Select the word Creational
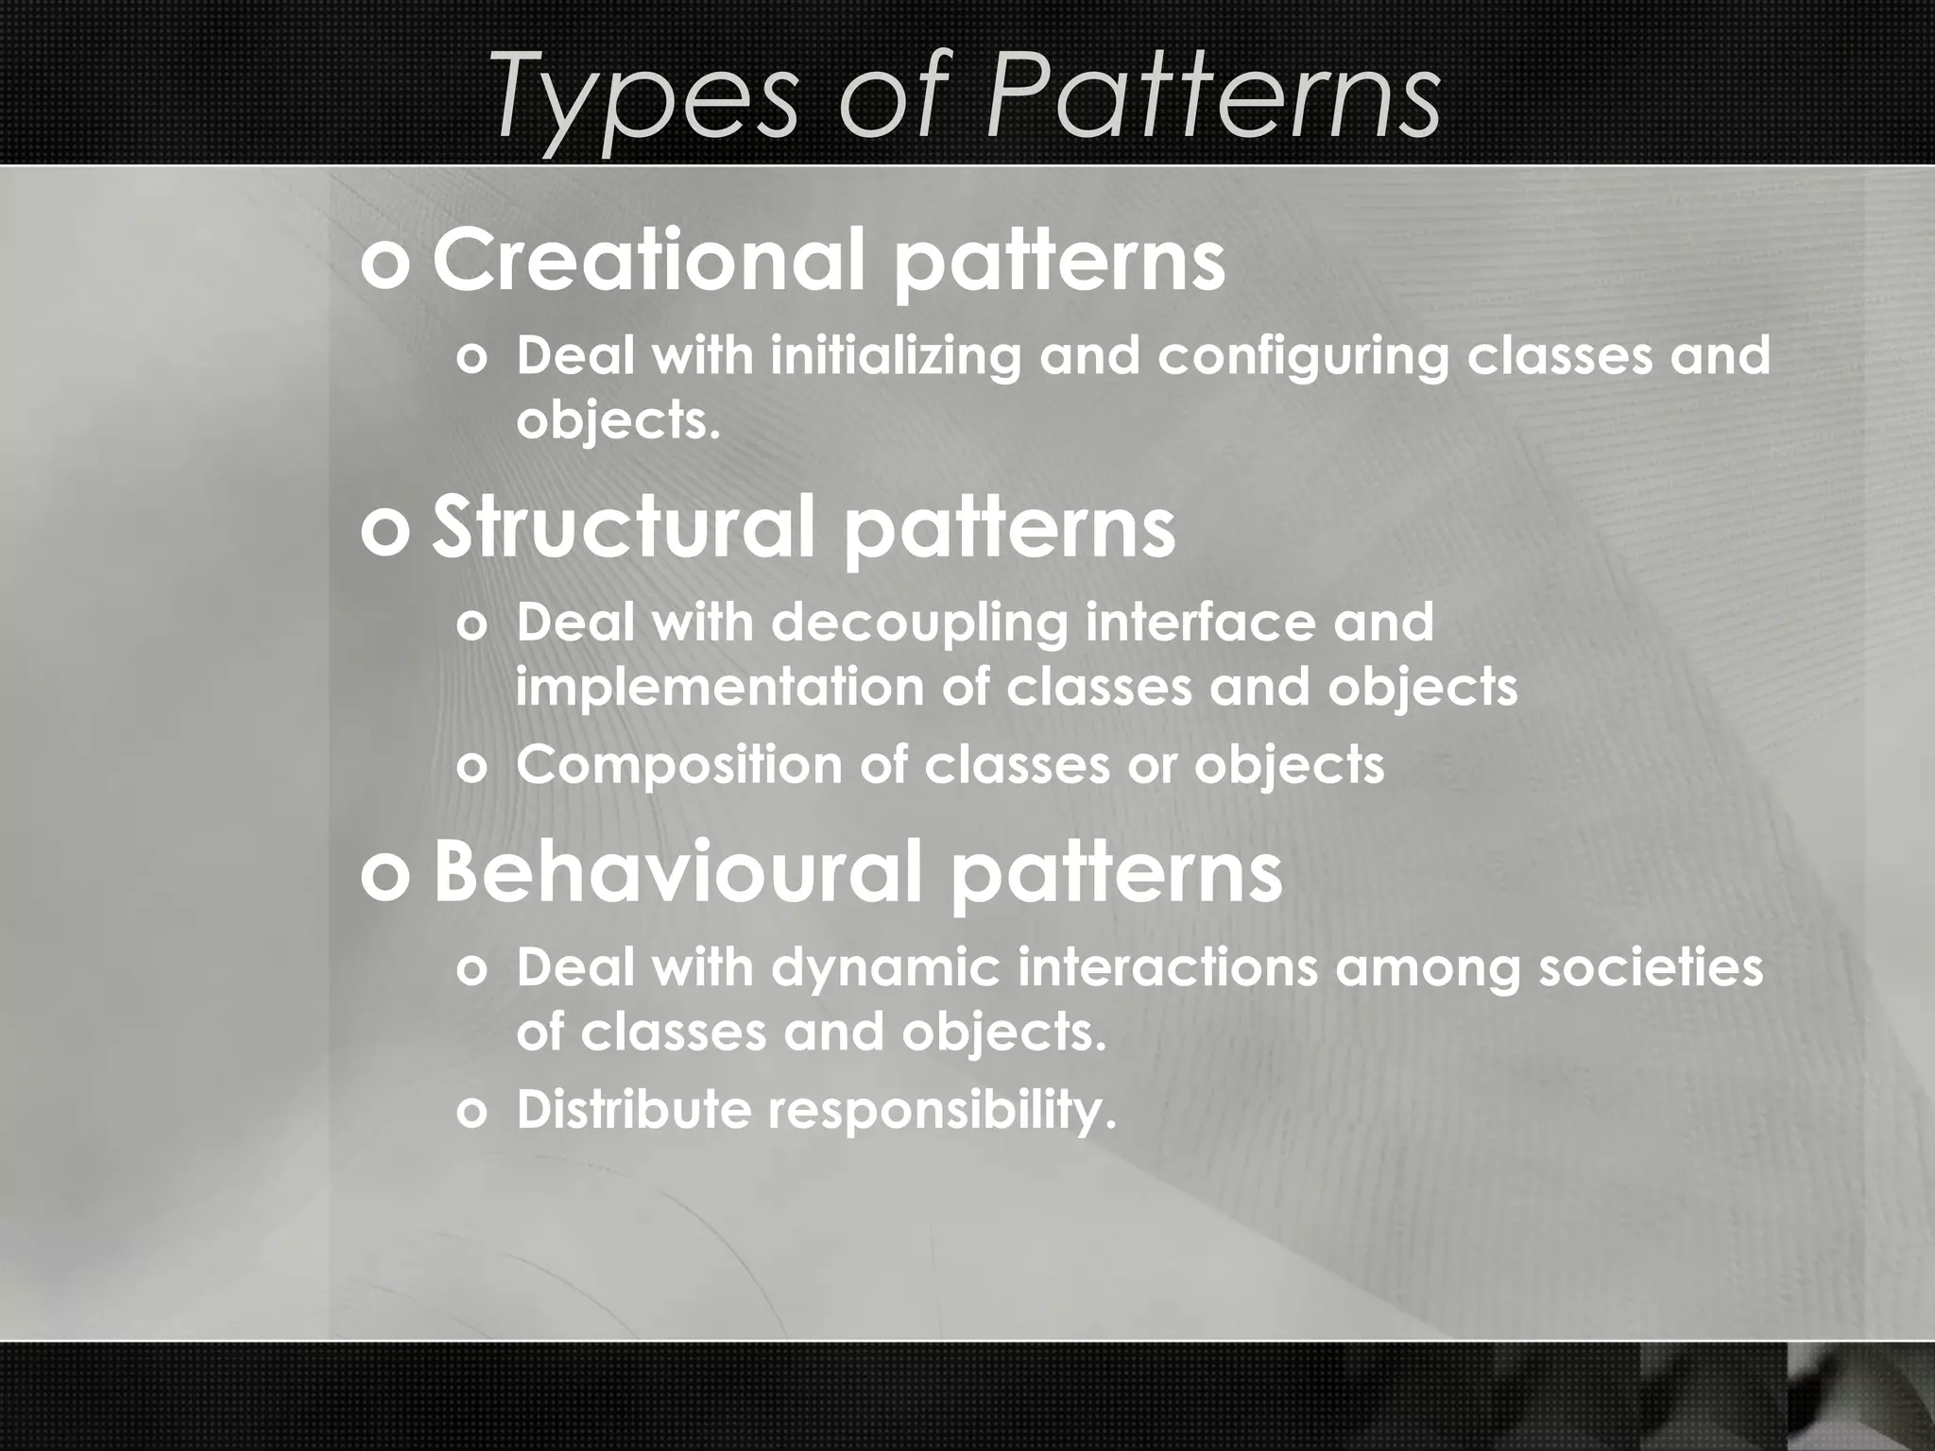[x=648, y=259]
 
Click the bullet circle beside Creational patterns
[x=386, y=265]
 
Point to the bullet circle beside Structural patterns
[x=386, y=532]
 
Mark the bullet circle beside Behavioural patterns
[x=386, y=876]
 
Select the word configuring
[x=1303, y=357]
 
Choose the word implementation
[x=719, y=687]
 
